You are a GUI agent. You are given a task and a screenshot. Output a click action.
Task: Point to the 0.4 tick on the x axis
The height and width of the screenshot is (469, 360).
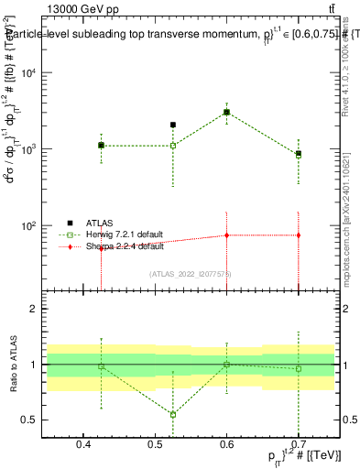(84, 446)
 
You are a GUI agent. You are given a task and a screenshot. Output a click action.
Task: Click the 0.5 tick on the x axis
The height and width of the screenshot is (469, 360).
(155, 446)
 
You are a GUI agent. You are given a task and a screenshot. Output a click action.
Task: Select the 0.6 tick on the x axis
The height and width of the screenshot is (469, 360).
(226, 446)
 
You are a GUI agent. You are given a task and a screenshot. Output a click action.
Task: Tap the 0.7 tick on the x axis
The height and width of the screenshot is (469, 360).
(298, 446)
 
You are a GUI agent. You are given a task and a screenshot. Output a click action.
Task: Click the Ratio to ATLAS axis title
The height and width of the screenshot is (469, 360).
(13, 364)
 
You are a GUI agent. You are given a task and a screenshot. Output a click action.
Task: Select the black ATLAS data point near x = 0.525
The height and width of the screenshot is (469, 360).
(172, 125)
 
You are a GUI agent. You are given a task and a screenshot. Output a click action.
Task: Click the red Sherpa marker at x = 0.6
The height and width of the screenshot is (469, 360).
(226, 235)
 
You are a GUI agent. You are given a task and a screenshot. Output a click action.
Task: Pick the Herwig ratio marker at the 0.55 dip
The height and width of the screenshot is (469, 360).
(172, 414)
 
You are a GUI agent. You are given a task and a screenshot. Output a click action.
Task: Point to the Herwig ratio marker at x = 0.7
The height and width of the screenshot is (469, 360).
(298, 368)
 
